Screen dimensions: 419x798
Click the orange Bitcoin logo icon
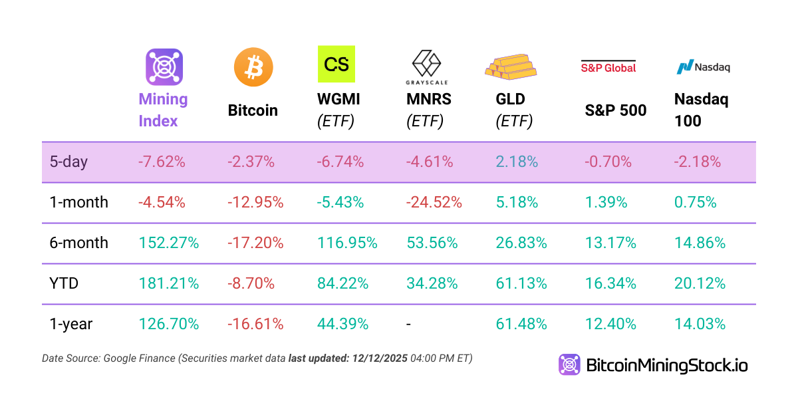(253, 67)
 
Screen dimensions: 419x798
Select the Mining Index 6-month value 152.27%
(169, 243)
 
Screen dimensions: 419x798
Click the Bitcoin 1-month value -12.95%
(255, 202)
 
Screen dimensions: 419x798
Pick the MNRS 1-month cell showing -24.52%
(434, 202)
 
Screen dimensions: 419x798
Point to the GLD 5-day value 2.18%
(517, 162)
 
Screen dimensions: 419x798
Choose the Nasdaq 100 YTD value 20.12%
(700, 283)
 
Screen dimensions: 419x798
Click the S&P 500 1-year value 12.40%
(610, 324)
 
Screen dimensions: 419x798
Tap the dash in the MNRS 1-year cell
(409, 324)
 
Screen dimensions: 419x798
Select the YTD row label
(64, 283)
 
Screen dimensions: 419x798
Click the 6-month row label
(78, 243)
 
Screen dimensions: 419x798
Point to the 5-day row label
(68, 162)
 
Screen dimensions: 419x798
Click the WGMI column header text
(338, 100)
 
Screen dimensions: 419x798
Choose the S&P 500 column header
(616, 110)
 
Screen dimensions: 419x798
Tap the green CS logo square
(336, 64)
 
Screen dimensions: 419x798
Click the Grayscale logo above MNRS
(427, 67)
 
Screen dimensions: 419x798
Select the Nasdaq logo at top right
(703, 67)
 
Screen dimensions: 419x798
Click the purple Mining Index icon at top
(164, 67)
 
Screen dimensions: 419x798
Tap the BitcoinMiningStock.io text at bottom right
(667, 364)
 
